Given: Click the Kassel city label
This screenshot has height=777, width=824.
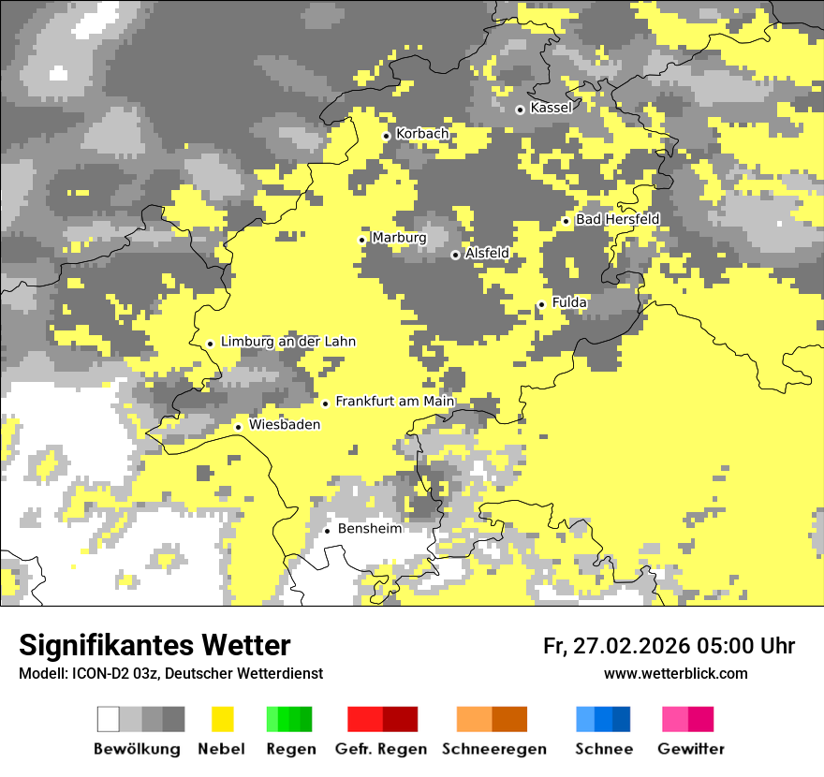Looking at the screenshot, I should (x=551, y=108).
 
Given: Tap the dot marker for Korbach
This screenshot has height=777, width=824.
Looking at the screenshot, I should (x=386, y=136).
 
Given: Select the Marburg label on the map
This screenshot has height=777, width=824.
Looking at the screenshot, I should (x=399, y=238).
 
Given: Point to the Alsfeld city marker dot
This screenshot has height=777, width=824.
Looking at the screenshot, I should (x=455, y=255).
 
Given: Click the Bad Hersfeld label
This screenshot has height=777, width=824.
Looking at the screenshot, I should (x=617, y=219).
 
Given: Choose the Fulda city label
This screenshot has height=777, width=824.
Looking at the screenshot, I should (x=569, y=302).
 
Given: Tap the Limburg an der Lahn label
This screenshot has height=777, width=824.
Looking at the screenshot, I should (x=287, y=342).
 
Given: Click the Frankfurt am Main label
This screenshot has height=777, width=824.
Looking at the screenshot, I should (x=394, y=402).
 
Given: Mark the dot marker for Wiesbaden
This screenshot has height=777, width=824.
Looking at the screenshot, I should (x=238, y=427).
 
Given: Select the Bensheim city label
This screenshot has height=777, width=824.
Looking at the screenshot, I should (x=369, y=529).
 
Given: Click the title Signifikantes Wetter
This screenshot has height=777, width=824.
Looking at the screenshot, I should (x=154, y=645).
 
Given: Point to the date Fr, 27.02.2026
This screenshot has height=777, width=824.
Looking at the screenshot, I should (x=615, y=646).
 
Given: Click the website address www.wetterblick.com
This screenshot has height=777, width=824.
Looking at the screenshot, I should (x=675, y=673).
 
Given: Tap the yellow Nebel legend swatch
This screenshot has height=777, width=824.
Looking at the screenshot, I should (x=222, y=719).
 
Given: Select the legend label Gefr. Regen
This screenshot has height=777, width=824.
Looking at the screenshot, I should (x=381, y=749).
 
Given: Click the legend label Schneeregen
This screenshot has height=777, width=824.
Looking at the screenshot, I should (x=493, y=749).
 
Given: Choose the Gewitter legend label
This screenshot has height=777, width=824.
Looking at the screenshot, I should (x=690, y=749).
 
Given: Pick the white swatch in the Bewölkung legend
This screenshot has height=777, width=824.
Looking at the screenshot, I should (x=109, y=719).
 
